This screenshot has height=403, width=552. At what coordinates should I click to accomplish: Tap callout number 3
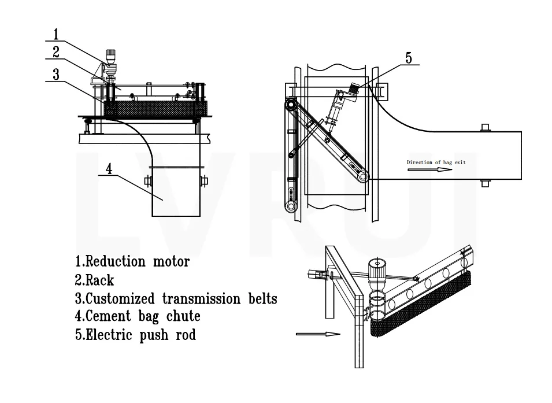coord(55,75)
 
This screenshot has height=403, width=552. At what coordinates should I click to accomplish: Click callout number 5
coord(409,58)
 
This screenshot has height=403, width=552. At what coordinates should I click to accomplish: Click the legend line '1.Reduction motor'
coord(132,261)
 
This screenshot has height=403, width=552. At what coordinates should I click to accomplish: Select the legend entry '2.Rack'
coord(95,280)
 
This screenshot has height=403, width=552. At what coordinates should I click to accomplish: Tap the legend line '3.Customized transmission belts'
coord(176,299)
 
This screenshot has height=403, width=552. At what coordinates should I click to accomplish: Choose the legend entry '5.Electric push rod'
coord(135,335)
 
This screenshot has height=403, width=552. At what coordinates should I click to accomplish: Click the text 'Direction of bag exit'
coord(436,162)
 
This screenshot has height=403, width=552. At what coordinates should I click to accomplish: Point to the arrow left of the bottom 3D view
coord(317,334)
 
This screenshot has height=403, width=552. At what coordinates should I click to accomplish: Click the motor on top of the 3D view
coord(378,272)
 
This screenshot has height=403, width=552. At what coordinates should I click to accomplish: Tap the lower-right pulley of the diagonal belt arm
coord(362,176)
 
